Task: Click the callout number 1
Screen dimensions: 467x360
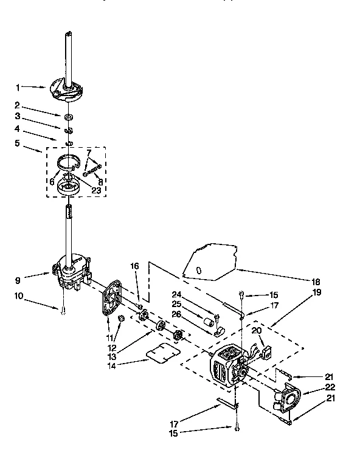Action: (18, 86)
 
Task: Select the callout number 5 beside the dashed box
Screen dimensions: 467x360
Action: (17, 144)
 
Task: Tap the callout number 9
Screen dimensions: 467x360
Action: (17, 280)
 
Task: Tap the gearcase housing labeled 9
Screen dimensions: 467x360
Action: (70, 270)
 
